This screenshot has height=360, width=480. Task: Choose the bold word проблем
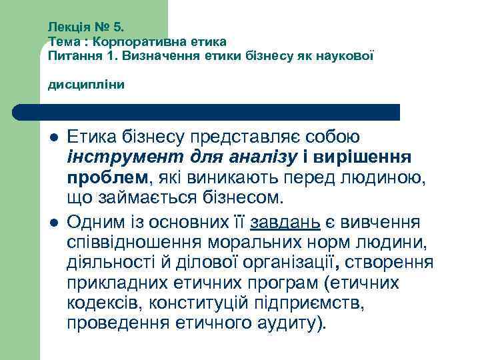tap(107, 177)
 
